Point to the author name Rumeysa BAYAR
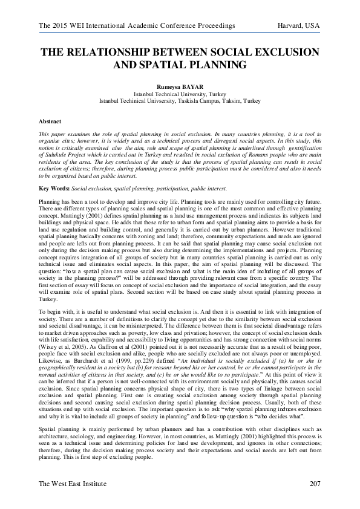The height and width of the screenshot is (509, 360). click(x=180, y=87)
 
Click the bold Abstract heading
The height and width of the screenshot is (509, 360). click(x=50, y=122)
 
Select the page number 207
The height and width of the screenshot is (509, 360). click(x=314, y=484)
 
